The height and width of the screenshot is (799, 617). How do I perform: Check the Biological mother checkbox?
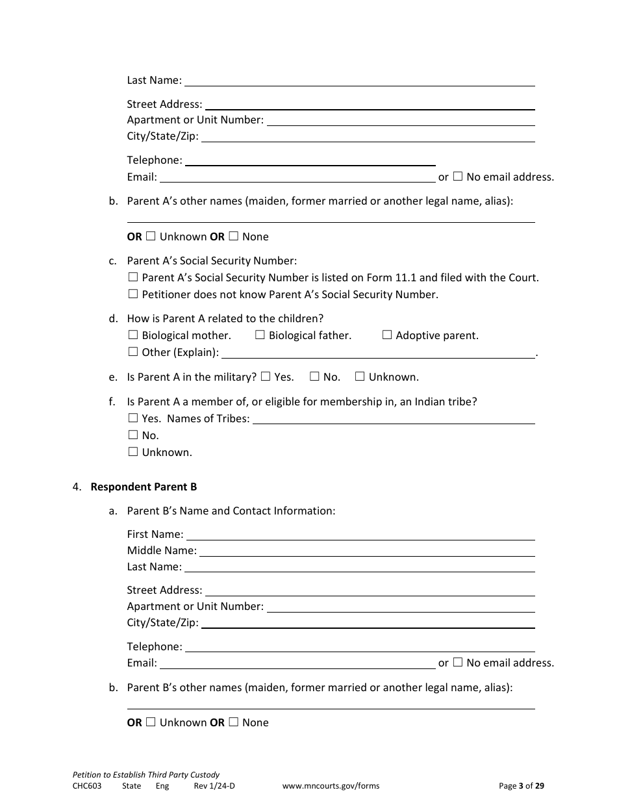click(133, 335)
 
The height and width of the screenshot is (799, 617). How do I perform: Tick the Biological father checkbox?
click(260, 335)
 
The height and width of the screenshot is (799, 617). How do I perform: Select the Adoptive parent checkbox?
click(387, 335)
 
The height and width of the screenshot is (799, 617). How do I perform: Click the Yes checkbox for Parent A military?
click(266, 376)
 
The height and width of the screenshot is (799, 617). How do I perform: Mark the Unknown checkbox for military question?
click(359, 376)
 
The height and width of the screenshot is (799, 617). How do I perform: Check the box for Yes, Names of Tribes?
click(133, 418)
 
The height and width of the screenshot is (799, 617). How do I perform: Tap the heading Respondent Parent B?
click(144, 487)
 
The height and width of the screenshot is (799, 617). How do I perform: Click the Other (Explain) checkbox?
click(133, 352)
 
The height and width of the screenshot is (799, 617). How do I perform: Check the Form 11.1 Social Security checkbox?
click(133, 277)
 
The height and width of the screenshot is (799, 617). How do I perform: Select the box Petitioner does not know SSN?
click(133, 294)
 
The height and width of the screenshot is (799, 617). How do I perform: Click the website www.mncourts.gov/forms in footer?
click(331, 785)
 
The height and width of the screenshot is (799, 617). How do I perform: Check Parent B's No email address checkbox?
click(458, 663)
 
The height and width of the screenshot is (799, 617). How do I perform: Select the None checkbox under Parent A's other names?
click(234, 236)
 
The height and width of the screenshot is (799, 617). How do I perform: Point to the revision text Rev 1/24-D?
click(214, 785)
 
